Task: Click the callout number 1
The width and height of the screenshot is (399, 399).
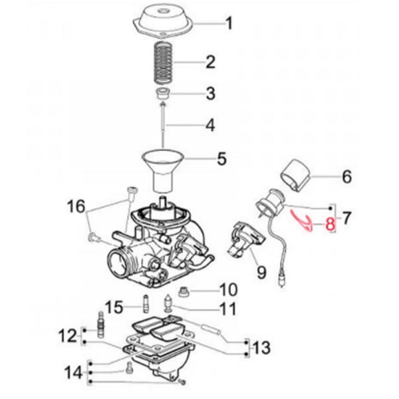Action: [x=229, y=25]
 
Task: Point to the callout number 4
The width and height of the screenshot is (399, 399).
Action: [x=210, y=124]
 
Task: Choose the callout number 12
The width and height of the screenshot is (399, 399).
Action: [x=69, y=336]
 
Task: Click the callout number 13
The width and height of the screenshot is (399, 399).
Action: [x=262, y=346]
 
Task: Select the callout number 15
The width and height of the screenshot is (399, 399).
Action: [x=114, y=307]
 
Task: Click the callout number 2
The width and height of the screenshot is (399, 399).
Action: [x=210, y=63]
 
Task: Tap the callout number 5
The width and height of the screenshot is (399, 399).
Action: [x=221, y=159]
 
